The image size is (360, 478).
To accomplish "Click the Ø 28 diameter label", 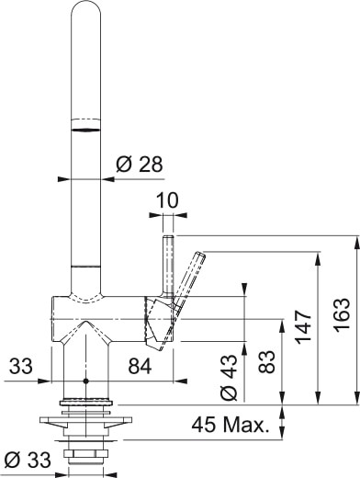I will pos(139,165).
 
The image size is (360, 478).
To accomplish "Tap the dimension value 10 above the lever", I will pos(166,200).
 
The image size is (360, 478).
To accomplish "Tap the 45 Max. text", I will pos(231,425).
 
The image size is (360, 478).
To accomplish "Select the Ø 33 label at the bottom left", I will pos(28,459).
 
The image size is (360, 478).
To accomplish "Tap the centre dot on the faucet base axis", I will pos(84,381).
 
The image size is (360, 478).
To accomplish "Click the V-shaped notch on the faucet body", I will pos(84,326).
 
